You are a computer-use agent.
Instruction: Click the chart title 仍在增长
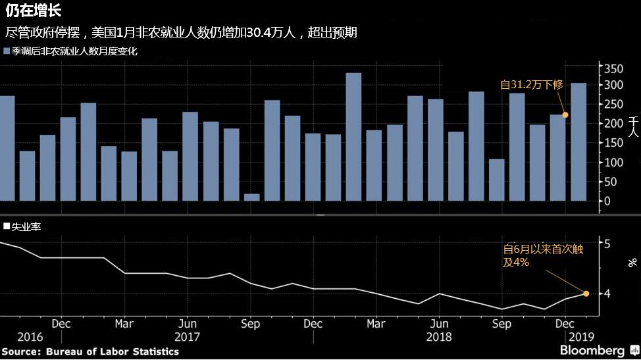pos(33,11)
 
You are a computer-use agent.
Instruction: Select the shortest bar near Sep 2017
pos(251,197)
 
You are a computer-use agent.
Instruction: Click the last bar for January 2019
pos(578,141)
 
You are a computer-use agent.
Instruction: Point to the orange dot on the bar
pos(565,115)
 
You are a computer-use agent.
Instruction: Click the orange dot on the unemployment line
pos(586,294)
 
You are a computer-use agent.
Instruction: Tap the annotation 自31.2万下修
pos(532,84)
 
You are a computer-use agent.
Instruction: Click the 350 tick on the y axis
pos(613,69)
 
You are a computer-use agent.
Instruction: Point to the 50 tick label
pos(611,182)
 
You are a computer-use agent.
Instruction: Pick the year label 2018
pos(438,337)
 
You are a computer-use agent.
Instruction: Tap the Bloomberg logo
pos(592,350)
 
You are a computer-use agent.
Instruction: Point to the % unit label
pos(632,262)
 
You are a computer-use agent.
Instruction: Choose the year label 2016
pos(30,337)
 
